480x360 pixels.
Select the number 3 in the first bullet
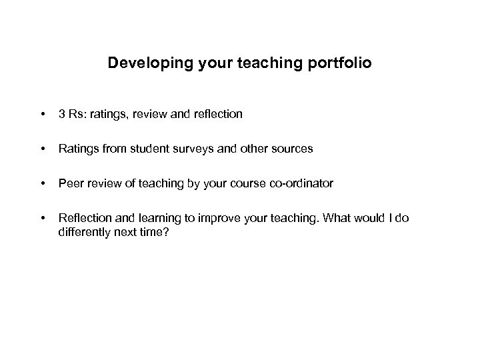(62, 114)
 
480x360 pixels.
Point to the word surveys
(195, 149)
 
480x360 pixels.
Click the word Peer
(70, 183)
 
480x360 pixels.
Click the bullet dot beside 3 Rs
(43, 115)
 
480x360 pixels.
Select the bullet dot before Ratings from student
(43, 149)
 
